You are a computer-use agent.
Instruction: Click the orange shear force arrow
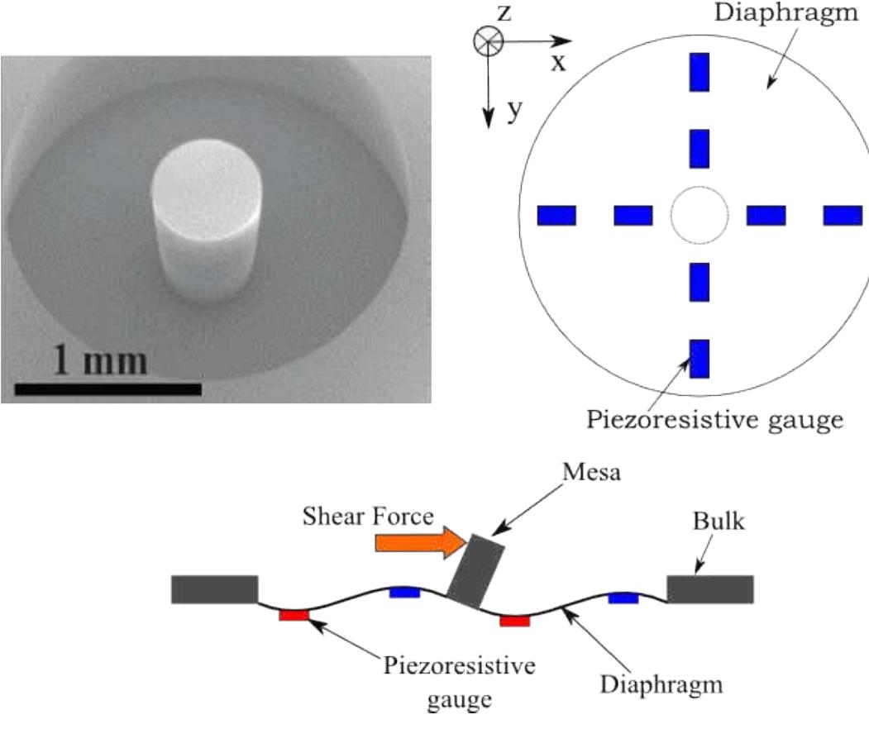[417, 542]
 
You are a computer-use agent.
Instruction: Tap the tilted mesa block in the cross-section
[476, 571]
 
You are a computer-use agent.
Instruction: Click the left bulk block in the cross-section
[215, 589]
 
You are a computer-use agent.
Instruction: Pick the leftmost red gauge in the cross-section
[294, 615]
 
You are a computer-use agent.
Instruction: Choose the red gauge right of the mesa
[514, 621]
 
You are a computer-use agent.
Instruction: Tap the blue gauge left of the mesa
[405, 592]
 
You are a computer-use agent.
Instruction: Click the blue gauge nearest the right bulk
[623, 598]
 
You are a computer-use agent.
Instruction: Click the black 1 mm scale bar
[108, 388]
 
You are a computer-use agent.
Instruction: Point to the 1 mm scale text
[100, 360]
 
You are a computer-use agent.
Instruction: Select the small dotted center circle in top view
[699, 216]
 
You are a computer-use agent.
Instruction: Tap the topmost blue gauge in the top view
[699, 72]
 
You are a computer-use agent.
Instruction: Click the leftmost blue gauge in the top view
[556, 216]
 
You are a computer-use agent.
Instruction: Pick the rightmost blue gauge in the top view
[843, 216]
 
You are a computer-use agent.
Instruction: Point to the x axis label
[559, 64]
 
